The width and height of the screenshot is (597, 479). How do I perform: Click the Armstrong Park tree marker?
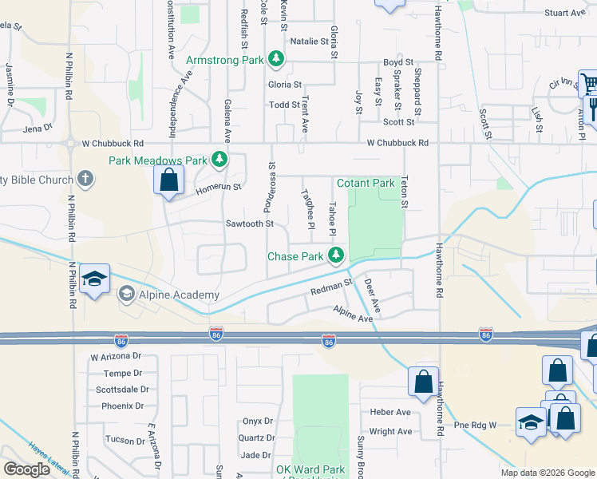(x=276, y=59)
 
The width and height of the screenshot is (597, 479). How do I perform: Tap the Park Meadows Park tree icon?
(x=219, y=160)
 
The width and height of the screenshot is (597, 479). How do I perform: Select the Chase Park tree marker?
(x=337, y=255)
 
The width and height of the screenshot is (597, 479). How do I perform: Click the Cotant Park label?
(x=366, y=183)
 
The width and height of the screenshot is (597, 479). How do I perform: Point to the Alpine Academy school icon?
(x=126, y=295)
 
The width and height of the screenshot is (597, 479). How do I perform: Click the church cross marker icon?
(x=86, y=180)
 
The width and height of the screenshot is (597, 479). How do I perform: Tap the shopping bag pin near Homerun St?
(x=169, y=179)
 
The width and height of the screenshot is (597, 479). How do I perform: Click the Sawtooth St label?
(x=250, y=224)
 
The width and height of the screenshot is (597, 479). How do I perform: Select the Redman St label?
(x=331, y=287)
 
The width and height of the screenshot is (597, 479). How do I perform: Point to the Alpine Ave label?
(x=354, y=314)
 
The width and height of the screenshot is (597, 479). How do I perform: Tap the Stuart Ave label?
(x=565, y=13)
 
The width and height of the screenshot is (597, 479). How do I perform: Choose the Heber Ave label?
(x=390, y=412)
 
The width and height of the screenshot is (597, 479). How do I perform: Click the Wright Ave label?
(x=391, y=432)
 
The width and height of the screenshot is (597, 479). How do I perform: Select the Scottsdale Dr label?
(x=122, y=390)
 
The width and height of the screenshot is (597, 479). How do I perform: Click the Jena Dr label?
(x=38, y=127)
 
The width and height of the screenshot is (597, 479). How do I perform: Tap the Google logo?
(x=27, y=469)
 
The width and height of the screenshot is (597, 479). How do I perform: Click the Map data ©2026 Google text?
(x=547, y=473)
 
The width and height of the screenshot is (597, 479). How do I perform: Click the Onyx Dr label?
(x=258, y=421)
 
